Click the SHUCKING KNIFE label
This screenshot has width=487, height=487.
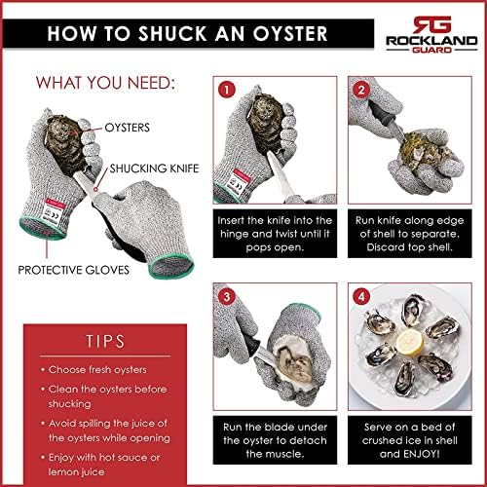click(154, 169)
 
